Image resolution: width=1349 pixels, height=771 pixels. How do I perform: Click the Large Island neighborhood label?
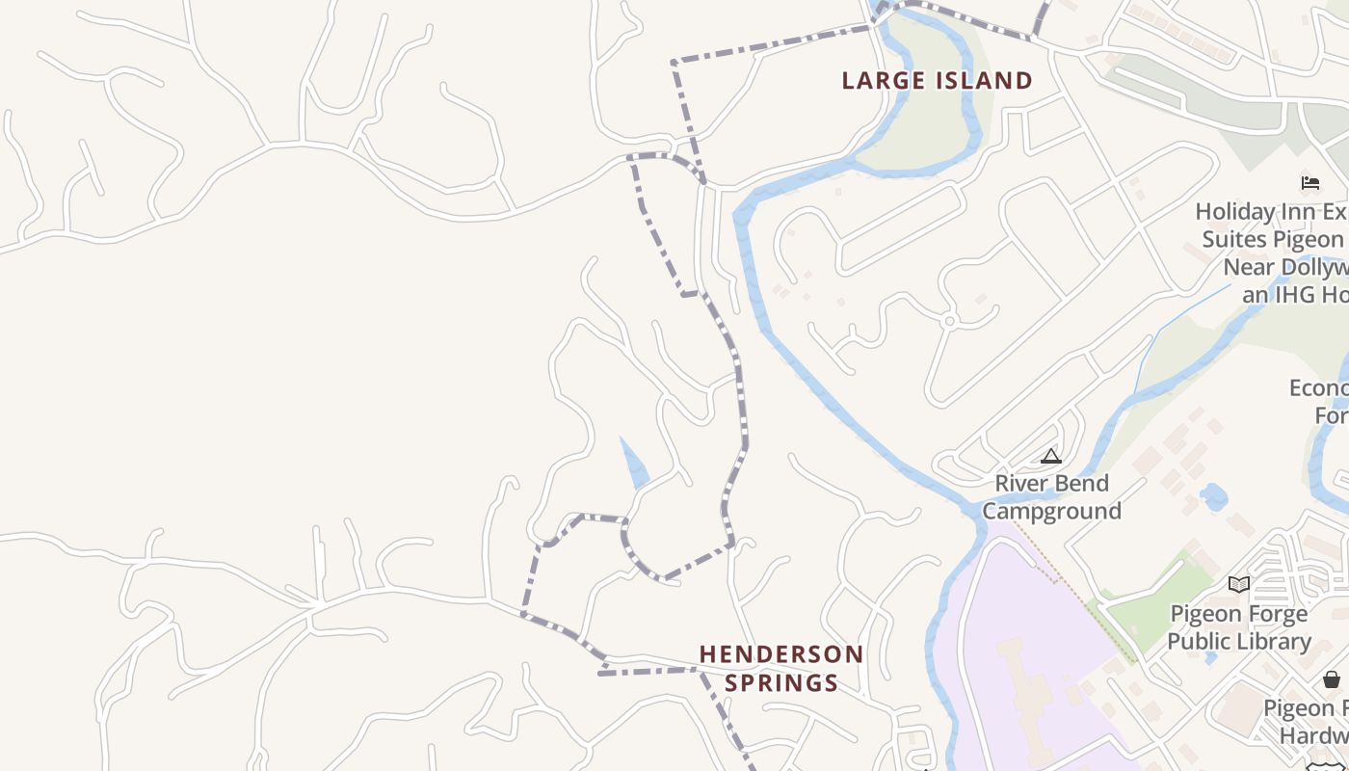(937, 80)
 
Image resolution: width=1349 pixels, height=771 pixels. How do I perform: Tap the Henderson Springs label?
(781, 669)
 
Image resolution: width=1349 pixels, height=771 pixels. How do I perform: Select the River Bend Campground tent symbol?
(1051, 456)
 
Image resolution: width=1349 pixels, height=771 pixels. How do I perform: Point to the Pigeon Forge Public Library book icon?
(1239, 584)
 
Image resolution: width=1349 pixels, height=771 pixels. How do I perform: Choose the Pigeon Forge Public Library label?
(1239, 627)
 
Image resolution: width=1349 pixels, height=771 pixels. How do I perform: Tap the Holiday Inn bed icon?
(1310, 182)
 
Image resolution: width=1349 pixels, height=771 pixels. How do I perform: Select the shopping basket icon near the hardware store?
(1332, 679)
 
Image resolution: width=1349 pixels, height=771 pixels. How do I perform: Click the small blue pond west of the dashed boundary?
(635, 466)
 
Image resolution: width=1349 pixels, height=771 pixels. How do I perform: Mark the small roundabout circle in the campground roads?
(950, 321)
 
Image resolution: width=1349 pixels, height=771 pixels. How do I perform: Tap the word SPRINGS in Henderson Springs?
(781, 683)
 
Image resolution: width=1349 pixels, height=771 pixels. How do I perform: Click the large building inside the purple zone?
(1027, 684)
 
